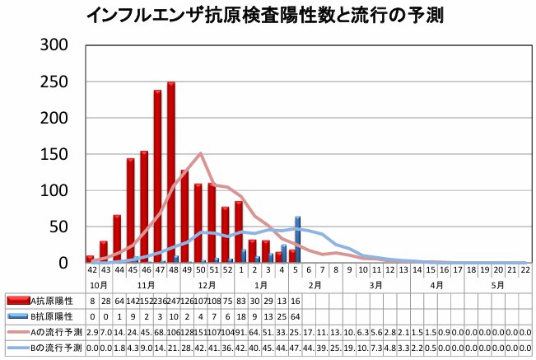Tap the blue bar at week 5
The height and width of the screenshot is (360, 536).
(x=297, y=239)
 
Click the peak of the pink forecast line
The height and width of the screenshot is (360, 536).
(x=201, y=153)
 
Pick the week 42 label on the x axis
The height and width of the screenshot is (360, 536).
(x=91, y=269)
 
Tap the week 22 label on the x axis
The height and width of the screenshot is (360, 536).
(x=524, y=269)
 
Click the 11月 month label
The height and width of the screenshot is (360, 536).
(x=145, y=283)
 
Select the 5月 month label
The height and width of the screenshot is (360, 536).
(x=497, y=283)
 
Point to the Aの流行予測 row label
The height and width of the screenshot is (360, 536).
(x=56, y=330)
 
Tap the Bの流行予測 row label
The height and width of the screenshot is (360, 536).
(x=56, y=345)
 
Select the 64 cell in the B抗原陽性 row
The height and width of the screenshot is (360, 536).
(x=295, y=316)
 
